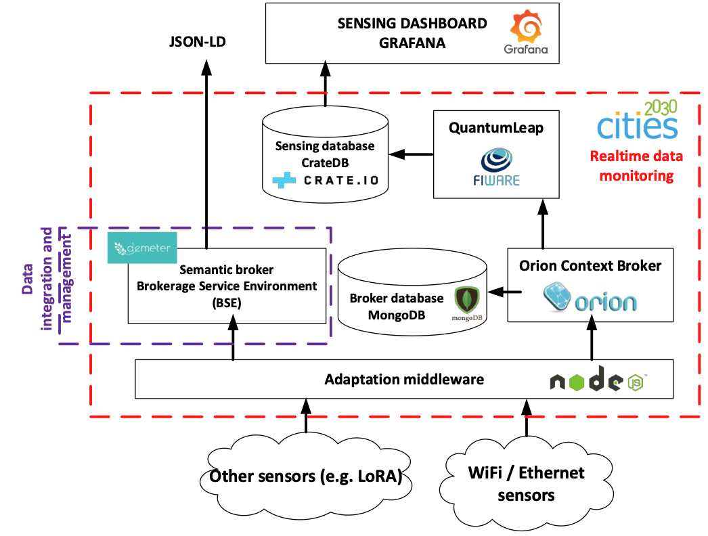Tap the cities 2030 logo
pos(637,121)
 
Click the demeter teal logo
pos(142,247)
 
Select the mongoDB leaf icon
pos(466,300)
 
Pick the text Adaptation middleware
pos(404,379)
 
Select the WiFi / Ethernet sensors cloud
pos(526,483)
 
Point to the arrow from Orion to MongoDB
pos(505,292)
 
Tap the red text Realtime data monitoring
pos(632,166)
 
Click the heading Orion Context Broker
pos(590,266)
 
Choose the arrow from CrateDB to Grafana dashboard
pos(324,84)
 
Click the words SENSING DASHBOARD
pos(412,24)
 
